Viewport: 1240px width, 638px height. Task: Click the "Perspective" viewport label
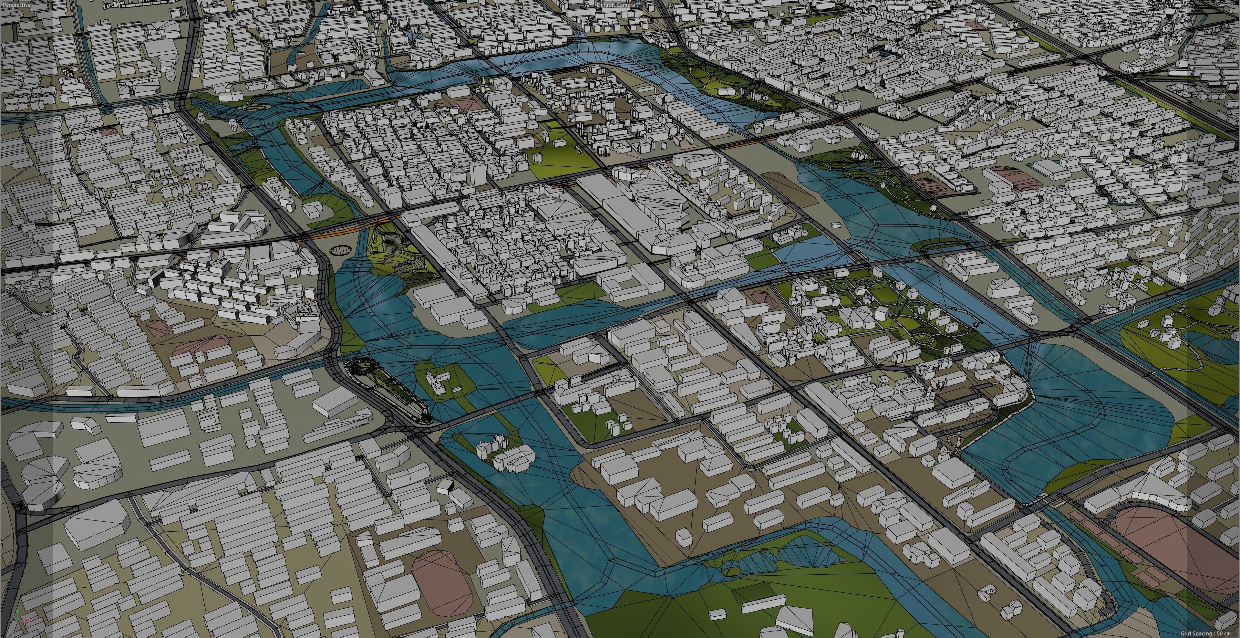click(17, 4)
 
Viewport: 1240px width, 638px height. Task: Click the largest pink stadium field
click(1184, 549)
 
